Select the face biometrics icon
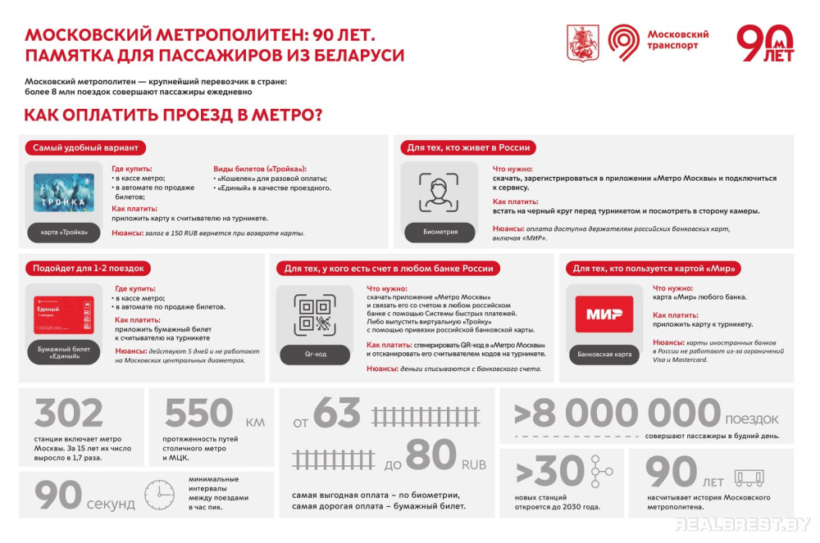pyautogui.click(x=439, y=192)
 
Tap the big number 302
pyautogui.click(x=69, y=414)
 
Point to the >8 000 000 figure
pyautogui.click(x=617, y=414)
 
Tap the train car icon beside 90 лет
pyautogui.click(x=749, y=477)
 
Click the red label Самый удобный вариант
pyautogui.click(x=85, y=147)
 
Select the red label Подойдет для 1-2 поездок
pyautogui.click(x=88, y=268)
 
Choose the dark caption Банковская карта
pyautogui.click(x=604, y=355)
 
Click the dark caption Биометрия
pyautogui.click(x=440, y=232)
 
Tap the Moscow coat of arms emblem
pyautogui.click(x=583, y=43)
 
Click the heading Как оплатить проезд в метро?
pyautogui.click(x=173, y=114)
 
